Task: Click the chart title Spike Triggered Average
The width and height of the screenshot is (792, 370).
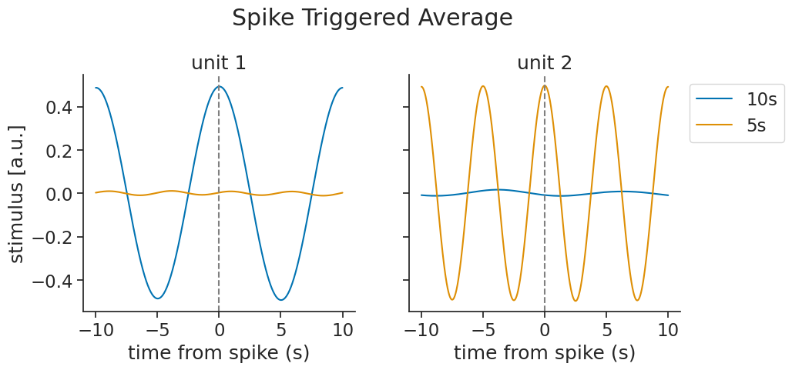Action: coord(372,18)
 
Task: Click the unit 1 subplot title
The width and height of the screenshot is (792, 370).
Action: coord(219,63)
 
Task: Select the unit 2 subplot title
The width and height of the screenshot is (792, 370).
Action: coord(545,63)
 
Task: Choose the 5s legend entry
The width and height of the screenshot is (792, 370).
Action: coord(756,125)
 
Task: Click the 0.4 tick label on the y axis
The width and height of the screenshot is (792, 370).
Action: coord(60,107)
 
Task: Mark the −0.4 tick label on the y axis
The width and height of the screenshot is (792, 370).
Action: coord(53,280)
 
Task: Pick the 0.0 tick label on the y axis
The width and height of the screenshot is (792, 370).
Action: coord(60,194)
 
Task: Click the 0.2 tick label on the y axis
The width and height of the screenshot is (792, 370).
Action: coord(60,151)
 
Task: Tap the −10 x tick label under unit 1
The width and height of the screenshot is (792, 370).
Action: coord(95,330)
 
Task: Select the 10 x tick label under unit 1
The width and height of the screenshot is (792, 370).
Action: coord(343,330)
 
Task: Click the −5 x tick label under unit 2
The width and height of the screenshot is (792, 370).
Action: coord(482,330)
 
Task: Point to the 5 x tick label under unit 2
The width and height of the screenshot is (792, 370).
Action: coord(606,330)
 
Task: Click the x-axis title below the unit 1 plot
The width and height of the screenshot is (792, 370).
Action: coord(219,353)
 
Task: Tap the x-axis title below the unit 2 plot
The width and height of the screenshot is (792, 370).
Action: coord(545,353)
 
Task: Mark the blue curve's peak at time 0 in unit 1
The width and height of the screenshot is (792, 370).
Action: coord(219,86)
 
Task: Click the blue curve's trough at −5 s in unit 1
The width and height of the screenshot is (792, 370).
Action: coord(157,298)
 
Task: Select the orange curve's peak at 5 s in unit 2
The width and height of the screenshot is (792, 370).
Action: coord(606,86)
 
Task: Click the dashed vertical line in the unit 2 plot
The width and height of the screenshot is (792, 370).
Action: coord(545,231)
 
